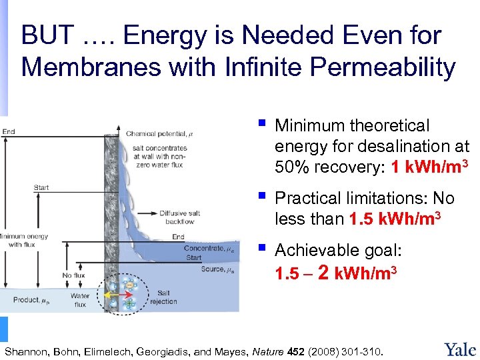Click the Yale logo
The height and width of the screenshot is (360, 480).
pyautogui.click(x=459, y=348)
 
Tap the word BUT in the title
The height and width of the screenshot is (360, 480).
pyautogui.click(x=47, y=35)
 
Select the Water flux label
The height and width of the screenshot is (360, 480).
pyautogui.click(x=79, y=300)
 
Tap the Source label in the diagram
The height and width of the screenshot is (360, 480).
pyautogui.click(x=217, y=269)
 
